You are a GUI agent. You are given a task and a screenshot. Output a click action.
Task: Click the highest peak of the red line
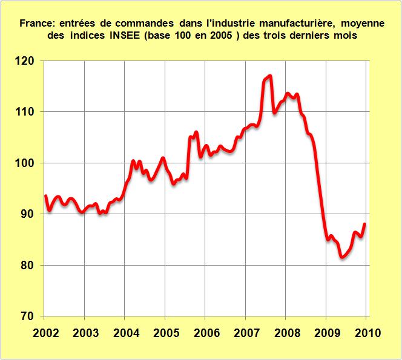(x=269, y=76)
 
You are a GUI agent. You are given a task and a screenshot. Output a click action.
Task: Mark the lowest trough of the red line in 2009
(x=341, y=257)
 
